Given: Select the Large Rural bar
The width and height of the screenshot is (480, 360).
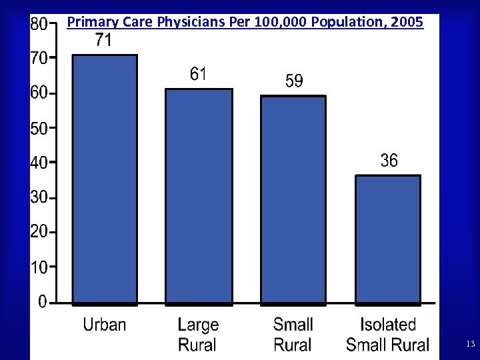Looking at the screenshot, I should coord(199,196).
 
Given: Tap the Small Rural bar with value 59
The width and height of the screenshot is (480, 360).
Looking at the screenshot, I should coord(293,199).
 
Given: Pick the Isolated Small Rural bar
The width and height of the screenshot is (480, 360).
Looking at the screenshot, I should coord(388,239).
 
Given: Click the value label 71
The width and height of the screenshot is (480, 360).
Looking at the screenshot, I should coord(103,41).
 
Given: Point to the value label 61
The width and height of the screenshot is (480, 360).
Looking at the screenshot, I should coord(198,74).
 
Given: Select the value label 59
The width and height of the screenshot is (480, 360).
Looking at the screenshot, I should coord(293,81).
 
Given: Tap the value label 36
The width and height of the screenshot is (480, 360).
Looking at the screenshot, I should coord(389,161).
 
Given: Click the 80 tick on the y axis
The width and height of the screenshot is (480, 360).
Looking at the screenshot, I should coord(39,25).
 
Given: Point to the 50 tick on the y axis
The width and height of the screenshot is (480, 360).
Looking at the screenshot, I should coord(39,129).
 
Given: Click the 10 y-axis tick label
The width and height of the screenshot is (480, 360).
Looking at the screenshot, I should coord(39,268).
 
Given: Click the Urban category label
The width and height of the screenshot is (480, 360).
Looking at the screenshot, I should coord(105,325).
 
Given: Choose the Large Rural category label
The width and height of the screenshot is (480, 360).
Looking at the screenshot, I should coord(198,335).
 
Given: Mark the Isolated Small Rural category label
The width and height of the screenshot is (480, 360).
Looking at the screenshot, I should coord(388,335).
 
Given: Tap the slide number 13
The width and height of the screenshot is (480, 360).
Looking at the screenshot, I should coord(470,344).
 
